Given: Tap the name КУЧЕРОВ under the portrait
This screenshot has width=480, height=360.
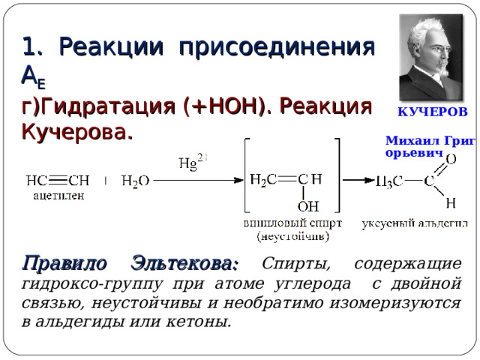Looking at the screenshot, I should (432, 112).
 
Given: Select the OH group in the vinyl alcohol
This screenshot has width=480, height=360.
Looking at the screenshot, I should (307, 205).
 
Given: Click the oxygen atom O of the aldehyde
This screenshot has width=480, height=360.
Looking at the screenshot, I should (451, 159).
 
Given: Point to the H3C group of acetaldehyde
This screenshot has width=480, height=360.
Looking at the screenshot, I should (388, 181).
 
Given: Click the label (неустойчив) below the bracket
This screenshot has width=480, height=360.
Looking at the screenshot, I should (292, 235).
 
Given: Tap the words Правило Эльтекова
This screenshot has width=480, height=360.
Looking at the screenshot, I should (131, 264).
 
